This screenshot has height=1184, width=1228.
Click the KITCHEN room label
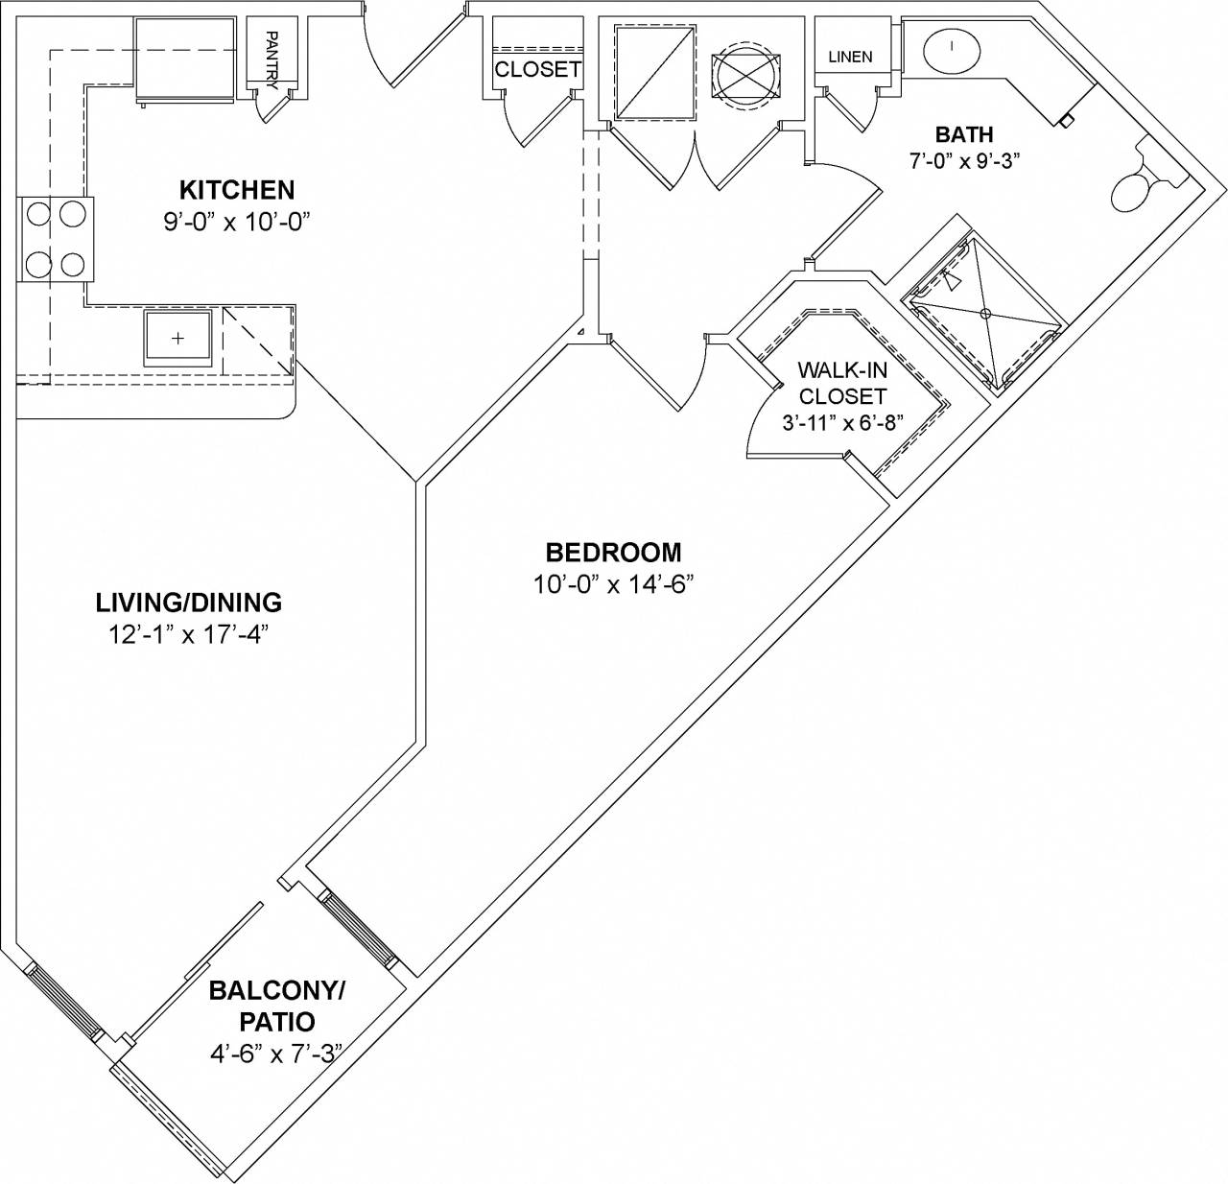click(x=237, y=189)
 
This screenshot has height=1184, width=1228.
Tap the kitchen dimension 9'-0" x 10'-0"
click(x=238, y=222)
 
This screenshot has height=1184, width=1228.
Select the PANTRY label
click(x=272, y=59)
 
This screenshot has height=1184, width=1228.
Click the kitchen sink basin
click(x=177, y=339)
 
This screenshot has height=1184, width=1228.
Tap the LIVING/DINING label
click(x=189, y=603)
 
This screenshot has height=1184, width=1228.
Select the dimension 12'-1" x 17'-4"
click(x=189, y=634)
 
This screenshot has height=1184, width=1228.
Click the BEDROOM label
click(x=613, y=553)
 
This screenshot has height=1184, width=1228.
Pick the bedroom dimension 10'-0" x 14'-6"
click(x=613, y=584)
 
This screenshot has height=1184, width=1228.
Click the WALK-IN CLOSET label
click(x=842, y=383)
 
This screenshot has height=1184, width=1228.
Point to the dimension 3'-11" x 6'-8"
click(x=841, y=422)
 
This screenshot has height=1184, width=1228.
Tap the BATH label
click(x=964, y=134)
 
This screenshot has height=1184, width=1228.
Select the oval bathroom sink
click(x=952, y=47)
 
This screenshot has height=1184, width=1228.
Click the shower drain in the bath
click(x=985, y=314)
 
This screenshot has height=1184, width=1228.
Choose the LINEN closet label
click(x=850, y=57)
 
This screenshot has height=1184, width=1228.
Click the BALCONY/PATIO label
click(x=277, y=1006)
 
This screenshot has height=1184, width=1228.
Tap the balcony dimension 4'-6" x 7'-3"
click(x=277, y=1054)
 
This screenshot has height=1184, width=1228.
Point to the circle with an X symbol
click(x=745, y=72)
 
